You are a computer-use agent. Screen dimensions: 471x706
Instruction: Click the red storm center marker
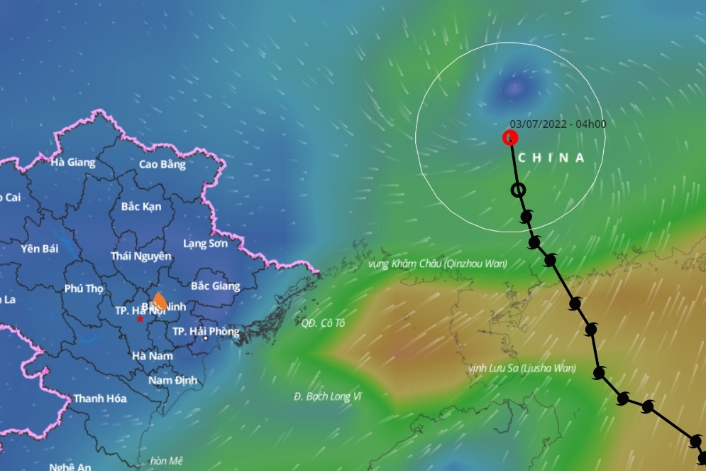click(510, 137)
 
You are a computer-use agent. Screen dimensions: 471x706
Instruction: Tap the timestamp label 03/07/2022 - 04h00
click(558, 124)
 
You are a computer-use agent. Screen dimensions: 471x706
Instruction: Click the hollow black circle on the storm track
click(519, 190)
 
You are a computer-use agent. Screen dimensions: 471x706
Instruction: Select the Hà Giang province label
click(72, 162)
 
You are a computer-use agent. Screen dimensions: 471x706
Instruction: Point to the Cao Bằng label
click(162, 164)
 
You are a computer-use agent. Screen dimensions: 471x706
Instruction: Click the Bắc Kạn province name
click(141, 207)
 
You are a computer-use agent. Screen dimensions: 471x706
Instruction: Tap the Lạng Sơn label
click(205, 244)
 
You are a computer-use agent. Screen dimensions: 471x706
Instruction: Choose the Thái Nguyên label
click(141, 256)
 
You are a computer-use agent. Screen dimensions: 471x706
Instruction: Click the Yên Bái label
click(39, 248)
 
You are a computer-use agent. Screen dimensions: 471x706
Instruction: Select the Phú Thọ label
click(84, 288)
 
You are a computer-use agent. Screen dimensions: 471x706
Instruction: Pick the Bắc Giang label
click(216, 286)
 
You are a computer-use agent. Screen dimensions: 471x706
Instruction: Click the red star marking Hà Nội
click(140, 319)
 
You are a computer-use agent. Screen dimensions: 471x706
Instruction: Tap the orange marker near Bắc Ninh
click(160, 301)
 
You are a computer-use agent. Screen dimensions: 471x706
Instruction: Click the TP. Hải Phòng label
click(206, 332)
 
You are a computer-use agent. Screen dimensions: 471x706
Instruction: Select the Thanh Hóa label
click(100, 399)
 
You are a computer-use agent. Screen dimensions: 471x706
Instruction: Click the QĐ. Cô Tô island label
click(322, 323)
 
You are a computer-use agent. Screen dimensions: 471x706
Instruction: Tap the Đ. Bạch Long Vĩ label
click(328, 396)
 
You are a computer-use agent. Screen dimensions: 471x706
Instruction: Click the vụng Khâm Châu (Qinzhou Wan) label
click(438, 264)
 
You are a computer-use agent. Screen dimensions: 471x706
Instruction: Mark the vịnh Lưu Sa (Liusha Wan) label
click(522, 368)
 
